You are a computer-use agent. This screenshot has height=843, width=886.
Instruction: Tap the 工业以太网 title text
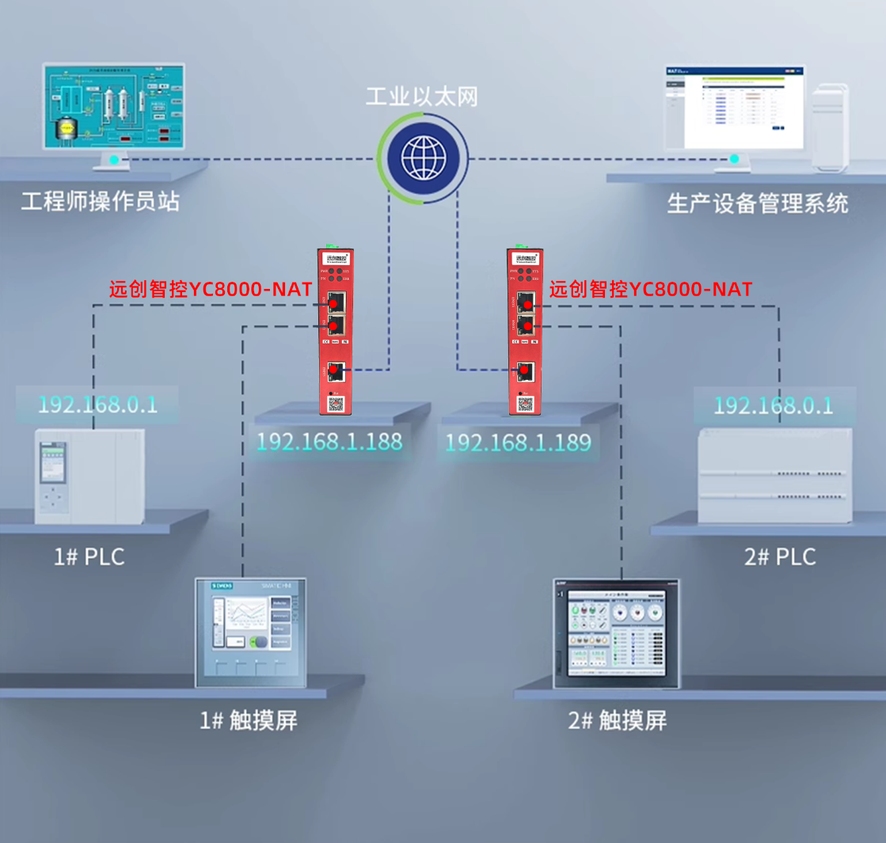(x=422, y=97)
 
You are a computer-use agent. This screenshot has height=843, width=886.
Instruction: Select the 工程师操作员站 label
(x=101, y=201)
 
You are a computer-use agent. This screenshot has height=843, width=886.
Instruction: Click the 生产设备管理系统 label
(x=758, y=203)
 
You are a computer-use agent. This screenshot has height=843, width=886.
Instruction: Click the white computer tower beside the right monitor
(x=831, y=127)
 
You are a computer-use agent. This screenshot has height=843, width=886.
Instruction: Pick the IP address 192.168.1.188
(x=330, y=442)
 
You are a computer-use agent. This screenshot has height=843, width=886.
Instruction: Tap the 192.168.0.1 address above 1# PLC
(x=97, y=405)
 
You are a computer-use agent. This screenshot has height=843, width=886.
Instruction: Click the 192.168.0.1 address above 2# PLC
(x=774, y=405)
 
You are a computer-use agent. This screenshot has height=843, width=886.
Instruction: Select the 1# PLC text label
(x=89, y=556)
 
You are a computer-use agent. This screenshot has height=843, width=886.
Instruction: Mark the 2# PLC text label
(x=780, y=556)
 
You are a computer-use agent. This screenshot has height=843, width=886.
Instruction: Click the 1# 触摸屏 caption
(x=248, y=720)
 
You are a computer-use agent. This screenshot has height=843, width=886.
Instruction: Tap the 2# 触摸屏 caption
(x=618, y=720)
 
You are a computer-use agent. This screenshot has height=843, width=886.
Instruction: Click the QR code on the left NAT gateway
(x=336, y=404)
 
